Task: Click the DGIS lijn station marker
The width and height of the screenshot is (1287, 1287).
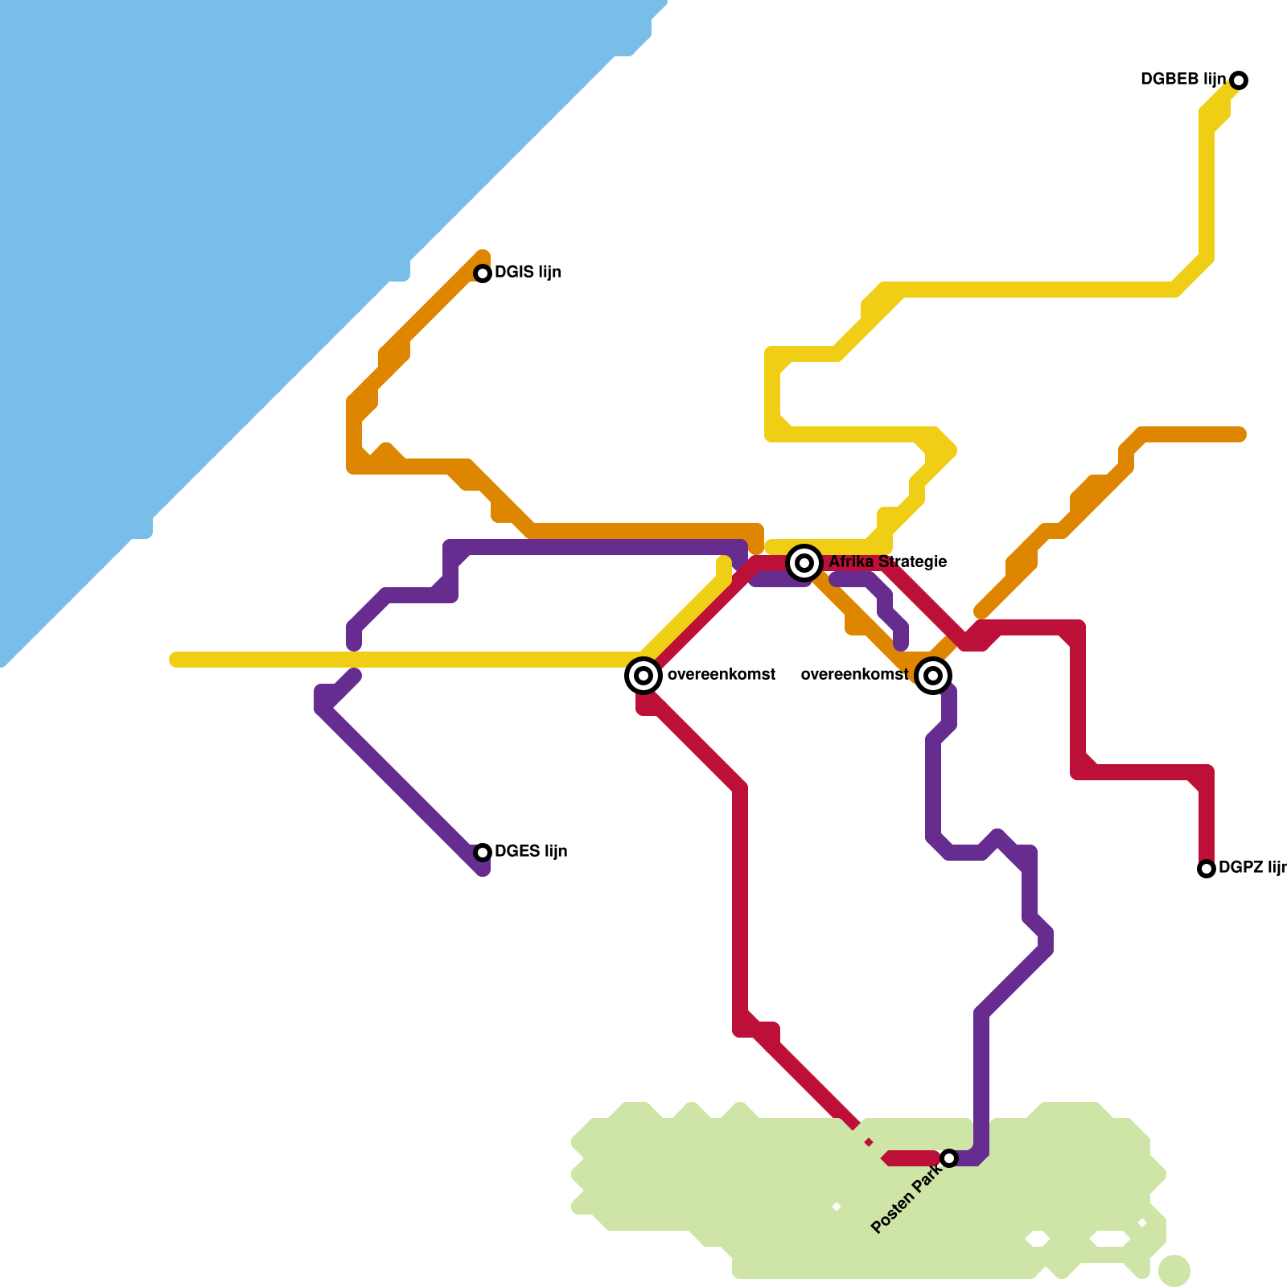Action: (x=483, y=273)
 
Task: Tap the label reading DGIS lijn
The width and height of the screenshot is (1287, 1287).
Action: (x=528, y=272)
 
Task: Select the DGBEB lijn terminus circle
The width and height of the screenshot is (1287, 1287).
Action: (x=1239, y=80)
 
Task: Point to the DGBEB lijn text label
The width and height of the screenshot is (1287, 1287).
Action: (x=1183, y=79)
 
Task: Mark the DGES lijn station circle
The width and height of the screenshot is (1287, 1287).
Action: (x=483, y=853)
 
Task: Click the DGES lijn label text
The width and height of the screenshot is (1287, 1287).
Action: (x=531, y=851)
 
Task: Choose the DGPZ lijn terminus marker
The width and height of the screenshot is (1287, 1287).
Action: (x=1206, y=869)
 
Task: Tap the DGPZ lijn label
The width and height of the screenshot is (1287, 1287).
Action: (x=1252, y=867)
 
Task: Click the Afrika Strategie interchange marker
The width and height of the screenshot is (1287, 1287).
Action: (x=804, y=562)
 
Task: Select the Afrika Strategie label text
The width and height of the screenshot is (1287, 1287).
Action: (x=887, y=561)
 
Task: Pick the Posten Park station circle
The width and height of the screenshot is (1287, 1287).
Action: (x=949, y=1158)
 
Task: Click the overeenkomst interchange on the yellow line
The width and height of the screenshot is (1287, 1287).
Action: (x=643, y=676)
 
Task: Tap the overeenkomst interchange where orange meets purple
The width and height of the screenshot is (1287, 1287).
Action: (x=933, y=676)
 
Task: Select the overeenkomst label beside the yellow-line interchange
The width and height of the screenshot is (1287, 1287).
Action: (x=722, y=674)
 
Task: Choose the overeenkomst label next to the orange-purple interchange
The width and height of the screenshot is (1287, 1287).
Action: (x=854, y=674)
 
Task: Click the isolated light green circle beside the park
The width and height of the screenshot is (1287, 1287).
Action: (x=1174, y=1270)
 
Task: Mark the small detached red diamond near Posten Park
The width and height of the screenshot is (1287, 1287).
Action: (x=869, y=1142)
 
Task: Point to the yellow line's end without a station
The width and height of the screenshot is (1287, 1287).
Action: (x=175, y=660)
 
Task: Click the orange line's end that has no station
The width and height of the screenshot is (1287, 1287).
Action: (x=1240, y=434)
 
